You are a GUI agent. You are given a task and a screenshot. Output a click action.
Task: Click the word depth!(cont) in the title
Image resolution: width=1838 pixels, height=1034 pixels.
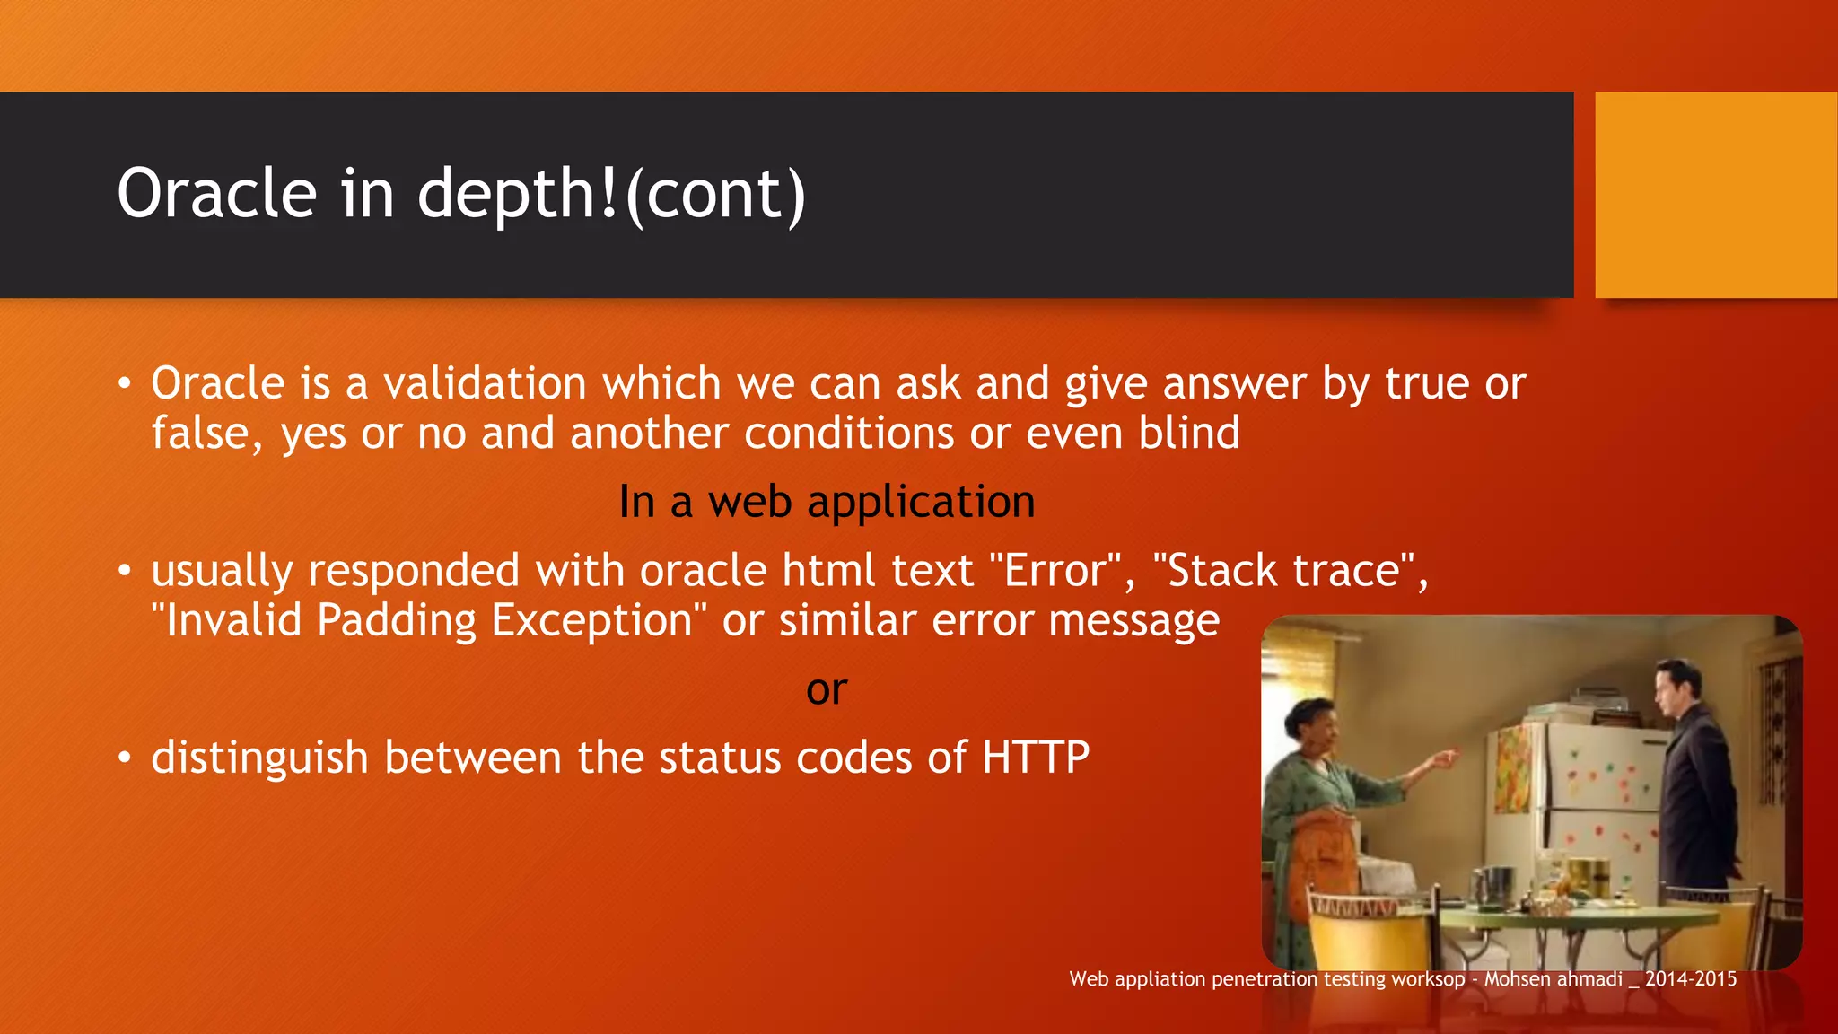tap(611, 194)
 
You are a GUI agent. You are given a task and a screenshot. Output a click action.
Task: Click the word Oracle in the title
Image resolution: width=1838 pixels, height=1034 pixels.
tap(217, 194)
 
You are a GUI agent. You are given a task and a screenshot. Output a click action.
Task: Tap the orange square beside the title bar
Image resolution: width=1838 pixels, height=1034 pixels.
tap(1715, 194)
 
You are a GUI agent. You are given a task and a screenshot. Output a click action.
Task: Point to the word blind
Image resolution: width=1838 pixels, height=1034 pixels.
tap(1189, 434)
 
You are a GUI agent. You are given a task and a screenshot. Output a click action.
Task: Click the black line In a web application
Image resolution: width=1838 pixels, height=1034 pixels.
tap(827, 502)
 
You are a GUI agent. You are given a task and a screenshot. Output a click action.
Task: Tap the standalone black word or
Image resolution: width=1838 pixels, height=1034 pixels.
tap(827, 689)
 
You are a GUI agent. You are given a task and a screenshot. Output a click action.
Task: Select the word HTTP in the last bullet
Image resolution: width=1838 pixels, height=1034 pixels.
tap(1036, 758)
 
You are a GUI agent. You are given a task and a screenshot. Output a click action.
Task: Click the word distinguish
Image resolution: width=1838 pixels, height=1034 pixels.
tap(259, 758)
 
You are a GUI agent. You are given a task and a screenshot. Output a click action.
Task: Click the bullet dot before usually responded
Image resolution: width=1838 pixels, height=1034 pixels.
tap(125, 572)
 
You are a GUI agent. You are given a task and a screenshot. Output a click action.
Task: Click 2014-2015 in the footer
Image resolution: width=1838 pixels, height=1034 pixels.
tap(1691, 979)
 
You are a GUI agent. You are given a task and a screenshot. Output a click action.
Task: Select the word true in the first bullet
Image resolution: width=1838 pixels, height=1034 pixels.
tap(1426, 384)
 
